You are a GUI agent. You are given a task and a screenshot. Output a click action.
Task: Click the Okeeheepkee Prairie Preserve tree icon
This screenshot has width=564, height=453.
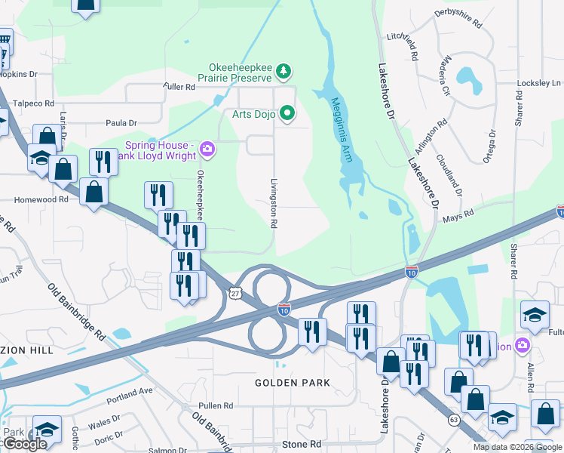[284, 72]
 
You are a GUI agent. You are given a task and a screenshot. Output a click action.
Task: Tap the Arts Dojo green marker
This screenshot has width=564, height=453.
[287, 114]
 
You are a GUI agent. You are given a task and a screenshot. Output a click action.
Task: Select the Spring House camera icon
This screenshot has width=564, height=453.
[207, 150]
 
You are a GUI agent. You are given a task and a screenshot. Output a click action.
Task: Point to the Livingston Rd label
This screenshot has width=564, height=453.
[274, 204]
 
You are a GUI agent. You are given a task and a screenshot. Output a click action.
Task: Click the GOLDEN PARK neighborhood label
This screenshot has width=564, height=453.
[292, 383]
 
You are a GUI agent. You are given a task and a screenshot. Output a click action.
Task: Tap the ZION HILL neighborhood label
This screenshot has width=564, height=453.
[26, 351]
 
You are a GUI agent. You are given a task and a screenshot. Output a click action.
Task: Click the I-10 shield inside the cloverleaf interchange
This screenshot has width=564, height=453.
[284, 309]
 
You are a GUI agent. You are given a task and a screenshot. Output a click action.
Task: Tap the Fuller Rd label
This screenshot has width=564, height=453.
[179, 87]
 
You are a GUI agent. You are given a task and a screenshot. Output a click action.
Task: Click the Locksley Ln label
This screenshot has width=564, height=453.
[539, 82]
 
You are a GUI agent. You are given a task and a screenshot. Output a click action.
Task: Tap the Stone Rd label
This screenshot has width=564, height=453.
[301, 445]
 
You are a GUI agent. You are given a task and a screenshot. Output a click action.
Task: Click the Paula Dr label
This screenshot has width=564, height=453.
[121, 122]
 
